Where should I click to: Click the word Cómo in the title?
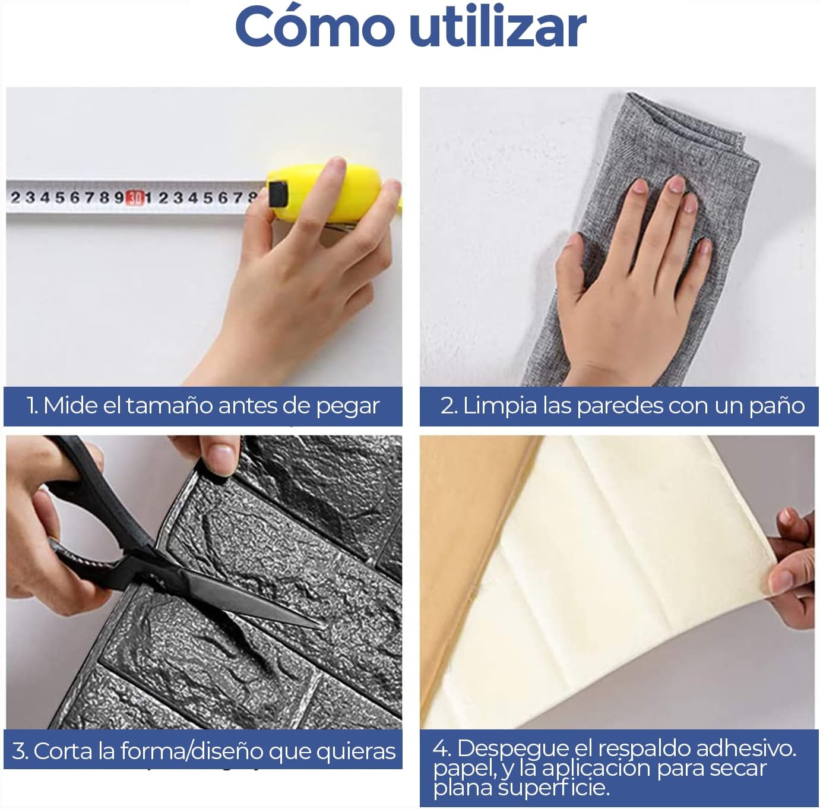point(315,27)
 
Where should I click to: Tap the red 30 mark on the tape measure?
point(134,198)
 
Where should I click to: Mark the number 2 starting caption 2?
point(447,406)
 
